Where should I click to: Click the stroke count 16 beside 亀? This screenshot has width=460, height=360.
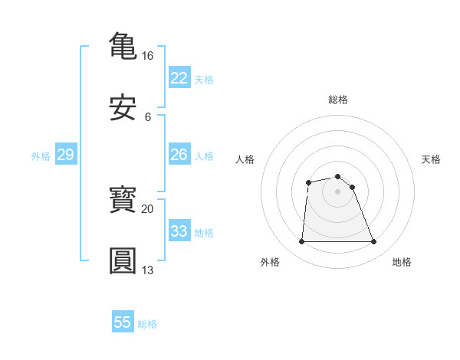click(x=148, y=56)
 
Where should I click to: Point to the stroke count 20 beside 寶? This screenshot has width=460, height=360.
click(x=148, y=208)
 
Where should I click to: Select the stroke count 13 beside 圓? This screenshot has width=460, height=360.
click(x=148, y=270)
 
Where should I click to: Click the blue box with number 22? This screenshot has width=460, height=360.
click(x=179, y=78)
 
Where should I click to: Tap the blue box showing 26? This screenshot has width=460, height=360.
click(x=179, y=155)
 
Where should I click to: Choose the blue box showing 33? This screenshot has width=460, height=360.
click(x=179, y=231)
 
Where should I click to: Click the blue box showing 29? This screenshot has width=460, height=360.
click(x=65, y=155)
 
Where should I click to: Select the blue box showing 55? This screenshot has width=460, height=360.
click(x=123, y=322)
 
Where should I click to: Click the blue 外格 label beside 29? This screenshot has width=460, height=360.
click(x=41, y=156)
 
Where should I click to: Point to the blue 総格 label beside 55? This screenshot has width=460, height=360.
click(x=147, y=324)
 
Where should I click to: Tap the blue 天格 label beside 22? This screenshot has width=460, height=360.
click(x=204, y=80)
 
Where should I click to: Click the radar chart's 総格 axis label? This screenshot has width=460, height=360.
click(x=338, y=100)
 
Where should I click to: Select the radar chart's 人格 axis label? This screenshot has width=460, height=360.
click(x=245, y=159)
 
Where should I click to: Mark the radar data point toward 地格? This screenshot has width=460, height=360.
click(x=373, y=242)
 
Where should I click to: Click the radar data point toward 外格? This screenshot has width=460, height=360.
click(x=301, y=242)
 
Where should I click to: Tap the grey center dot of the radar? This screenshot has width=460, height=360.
click(x=337, y=191)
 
